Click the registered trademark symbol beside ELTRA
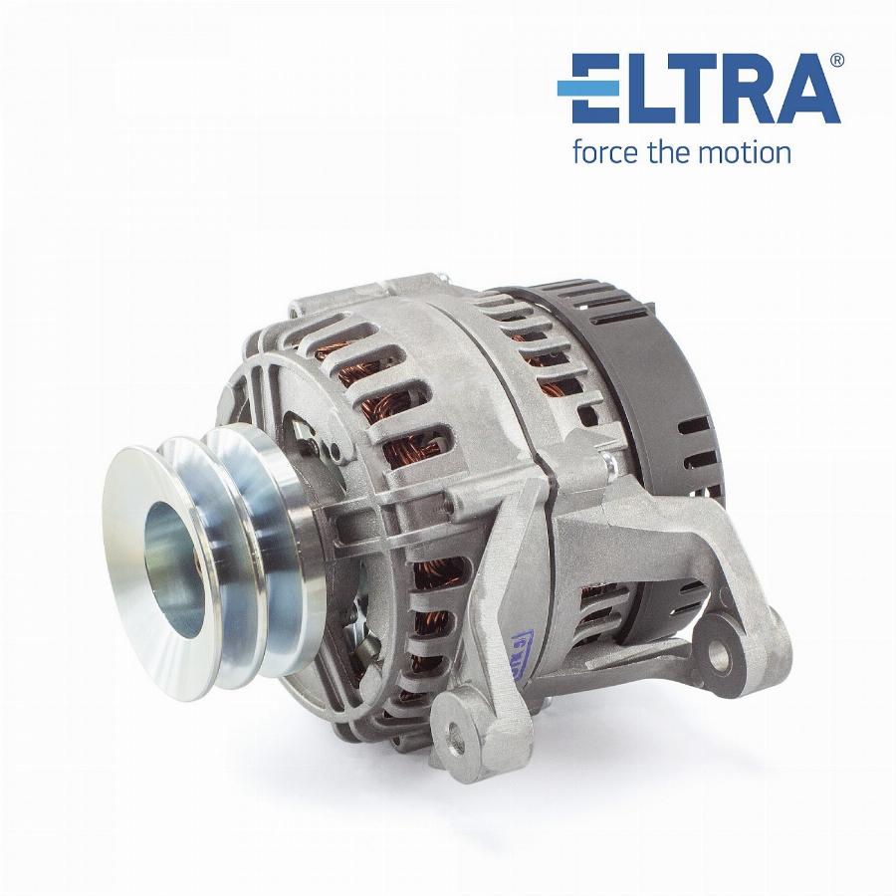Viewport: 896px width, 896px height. [x=836, y=60]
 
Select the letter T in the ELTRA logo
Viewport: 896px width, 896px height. [x=686, y=88]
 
